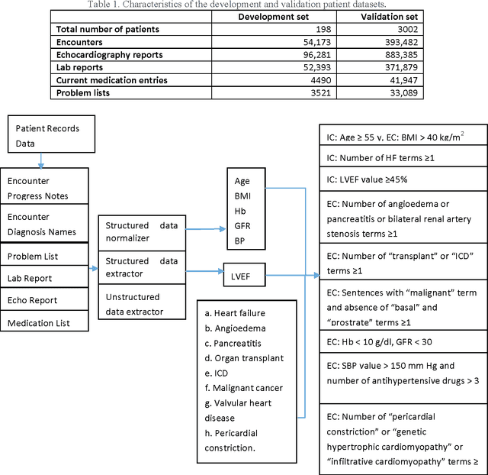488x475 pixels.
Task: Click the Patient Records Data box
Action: pos(47,135)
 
